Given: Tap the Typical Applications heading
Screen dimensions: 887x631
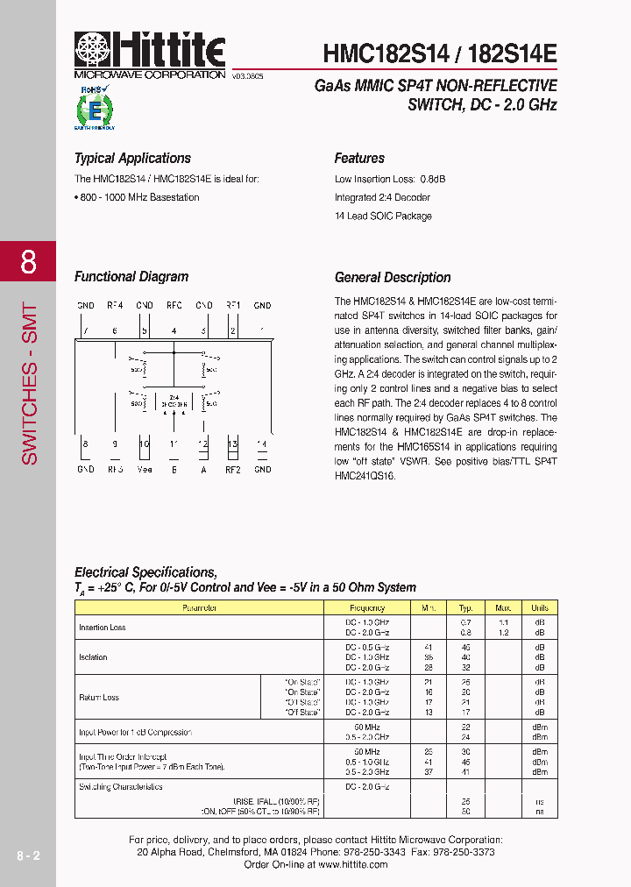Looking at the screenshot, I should point(132,159).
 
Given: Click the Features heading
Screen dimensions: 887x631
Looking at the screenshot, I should point(359,159).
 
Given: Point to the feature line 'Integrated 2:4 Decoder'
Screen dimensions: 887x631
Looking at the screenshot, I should point(382,197).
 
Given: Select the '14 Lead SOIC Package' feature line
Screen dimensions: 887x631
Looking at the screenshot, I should point(383,216).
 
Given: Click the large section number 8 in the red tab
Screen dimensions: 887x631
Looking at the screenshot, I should point(28,261).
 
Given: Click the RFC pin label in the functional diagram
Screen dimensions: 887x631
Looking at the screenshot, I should point(174,305).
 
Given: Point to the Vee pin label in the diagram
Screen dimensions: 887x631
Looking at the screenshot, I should point(145,469).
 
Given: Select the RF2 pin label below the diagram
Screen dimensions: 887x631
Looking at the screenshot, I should point(233,469).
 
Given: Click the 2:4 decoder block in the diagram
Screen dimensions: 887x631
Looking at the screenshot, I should point(174,404).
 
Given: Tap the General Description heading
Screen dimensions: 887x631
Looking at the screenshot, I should point(393,278).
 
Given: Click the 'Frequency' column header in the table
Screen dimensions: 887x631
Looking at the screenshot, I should point(366,607).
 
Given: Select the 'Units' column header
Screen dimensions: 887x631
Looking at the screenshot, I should point(539,607).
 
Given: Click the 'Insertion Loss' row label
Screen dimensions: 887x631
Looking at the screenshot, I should point(103,628).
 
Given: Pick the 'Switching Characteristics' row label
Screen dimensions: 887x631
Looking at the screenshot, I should point(121,787).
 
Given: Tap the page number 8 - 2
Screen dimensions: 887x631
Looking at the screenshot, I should point(27,854).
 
